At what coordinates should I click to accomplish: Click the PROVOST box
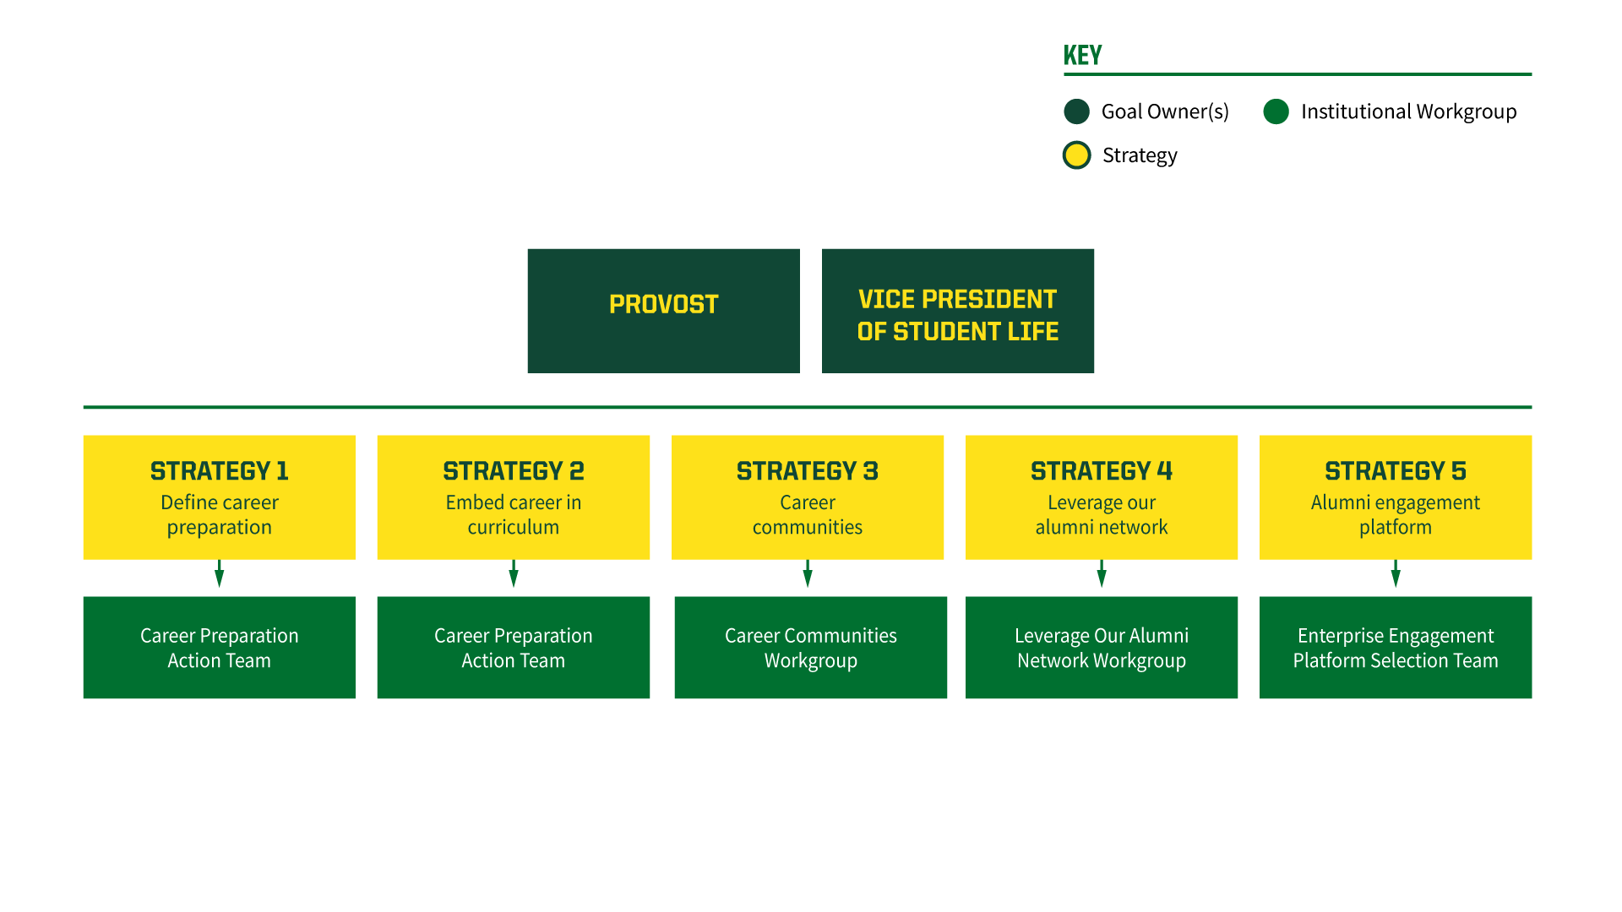tap(663, 311)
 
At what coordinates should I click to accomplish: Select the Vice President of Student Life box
tap(957, 311)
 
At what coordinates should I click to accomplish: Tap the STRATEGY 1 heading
tap(220, 470)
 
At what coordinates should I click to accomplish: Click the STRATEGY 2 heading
tap(514, 470)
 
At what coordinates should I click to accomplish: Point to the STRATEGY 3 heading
tap(808, 470)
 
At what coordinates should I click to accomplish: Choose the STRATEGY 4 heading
tap(1102, 470)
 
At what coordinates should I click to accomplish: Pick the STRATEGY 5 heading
tap(1396, 470)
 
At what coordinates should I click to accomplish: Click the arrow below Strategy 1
tap(220, 573)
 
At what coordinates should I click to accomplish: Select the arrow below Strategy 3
tap(808, 573)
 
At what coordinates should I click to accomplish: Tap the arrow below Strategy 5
tap(1396, 573)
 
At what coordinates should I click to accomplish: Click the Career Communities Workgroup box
tap(810, 648)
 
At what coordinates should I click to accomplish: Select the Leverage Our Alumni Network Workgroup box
tap(1102, 648)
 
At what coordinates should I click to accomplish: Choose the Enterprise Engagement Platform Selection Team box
tap(1396, 648)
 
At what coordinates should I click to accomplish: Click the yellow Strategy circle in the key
tap(1077, 155)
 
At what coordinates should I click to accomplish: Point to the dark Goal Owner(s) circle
tap(1077, 111)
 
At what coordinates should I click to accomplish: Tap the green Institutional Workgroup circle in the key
tap(1276, 111)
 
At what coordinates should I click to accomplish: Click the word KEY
tap(1082, 56)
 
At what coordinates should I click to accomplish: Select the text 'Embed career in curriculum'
tap(514, 514)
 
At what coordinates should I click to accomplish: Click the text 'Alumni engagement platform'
tap(1396, 514)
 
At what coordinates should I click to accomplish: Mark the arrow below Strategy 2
tap(514, 573)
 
